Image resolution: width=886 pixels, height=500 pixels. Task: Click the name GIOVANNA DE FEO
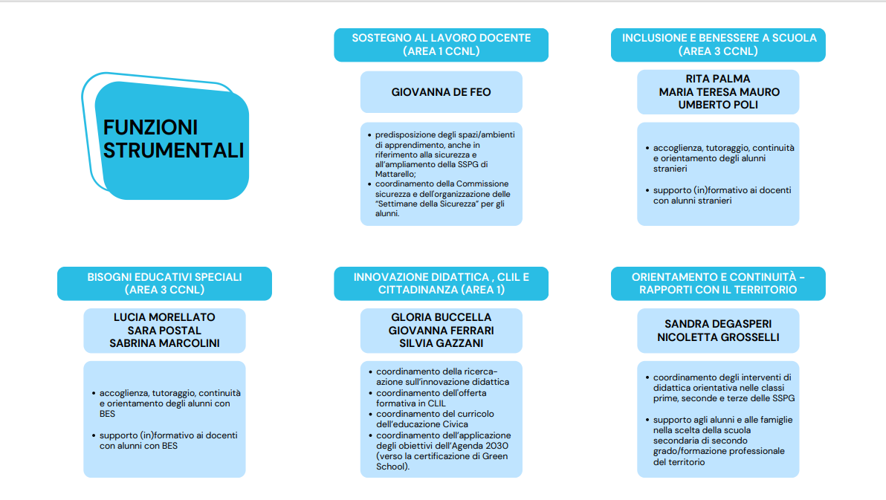tap(441, 92)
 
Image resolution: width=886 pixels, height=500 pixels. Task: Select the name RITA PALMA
tap(717, 79)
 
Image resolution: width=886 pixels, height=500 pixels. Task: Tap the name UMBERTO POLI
tap(717, 105)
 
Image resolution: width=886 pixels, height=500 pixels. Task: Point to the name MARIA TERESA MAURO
tap(719, 92)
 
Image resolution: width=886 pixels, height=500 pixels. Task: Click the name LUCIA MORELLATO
tap(164, 317)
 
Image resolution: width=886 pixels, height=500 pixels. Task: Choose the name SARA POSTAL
tap(164, 331)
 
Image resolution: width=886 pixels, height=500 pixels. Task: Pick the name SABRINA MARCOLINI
tap(164, 343)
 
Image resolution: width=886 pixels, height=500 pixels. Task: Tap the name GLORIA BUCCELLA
tap(441, 317)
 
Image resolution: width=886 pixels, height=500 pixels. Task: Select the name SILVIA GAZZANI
tap(441, 343)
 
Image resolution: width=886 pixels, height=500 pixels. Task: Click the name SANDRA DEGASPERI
tap(717, 324)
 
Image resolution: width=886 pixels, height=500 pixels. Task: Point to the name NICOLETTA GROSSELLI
tap(717, 337)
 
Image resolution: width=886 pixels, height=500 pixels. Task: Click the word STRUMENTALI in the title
tap(173, 150)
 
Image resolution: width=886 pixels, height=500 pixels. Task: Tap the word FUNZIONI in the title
tap(150, 127)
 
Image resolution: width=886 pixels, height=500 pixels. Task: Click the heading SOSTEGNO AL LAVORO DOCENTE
tap(442, 38)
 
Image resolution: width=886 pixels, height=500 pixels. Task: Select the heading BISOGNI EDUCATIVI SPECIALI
tap(164, 277)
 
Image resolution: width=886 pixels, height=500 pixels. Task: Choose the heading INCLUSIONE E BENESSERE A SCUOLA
tap(720, 38)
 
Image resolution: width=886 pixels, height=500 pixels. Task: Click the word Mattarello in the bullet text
tap(395, 174)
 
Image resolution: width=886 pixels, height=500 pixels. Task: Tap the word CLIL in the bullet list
tap(436, 403)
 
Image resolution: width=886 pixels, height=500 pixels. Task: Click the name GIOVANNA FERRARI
tap(441, 331)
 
